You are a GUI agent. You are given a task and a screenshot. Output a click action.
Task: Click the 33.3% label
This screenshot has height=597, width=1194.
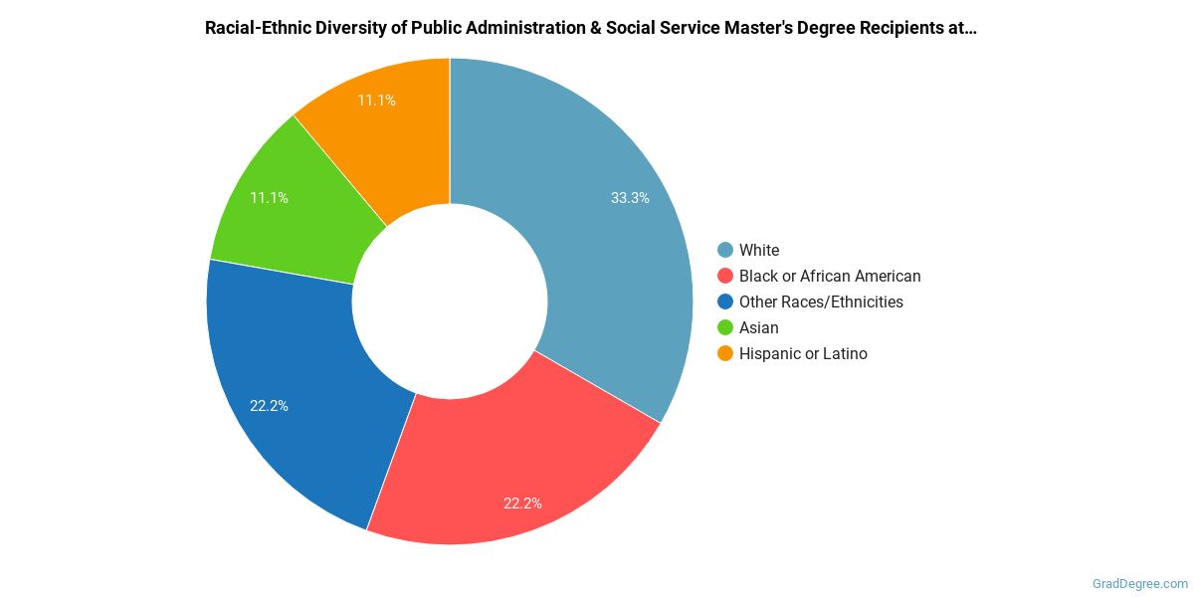pos(630,198)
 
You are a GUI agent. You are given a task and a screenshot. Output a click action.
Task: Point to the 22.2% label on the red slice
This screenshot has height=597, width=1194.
pos(522,503)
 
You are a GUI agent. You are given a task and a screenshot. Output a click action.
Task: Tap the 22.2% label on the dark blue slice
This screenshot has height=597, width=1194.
pos(269,406)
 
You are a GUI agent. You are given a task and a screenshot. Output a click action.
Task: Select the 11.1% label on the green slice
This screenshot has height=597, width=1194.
pos(269,198)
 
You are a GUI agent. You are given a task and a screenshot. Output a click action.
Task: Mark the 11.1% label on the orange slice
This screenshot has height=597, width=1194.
pos(376,100)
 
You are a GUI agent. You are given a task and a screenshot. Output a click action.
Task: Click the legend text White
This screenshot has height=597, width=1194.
pos(759,251)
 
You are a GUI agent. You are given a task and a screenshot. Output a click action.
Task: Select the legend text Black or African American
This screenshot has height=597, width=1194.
pos(830,277)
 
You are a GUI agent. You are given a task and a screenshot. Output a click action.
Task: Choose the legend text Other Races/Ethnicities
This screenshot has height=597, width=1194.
pos(821,302)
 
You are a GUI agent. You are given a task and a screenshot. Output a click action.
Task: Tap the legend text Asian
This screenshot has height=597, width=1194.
pos(759,328)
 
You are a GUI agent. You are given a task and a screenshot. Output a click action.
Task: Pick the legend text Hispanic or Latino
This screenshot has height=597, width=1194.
pos(803,354)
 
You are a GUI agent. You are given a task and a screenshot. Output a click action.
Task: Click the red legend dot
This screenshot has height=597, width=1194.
pos(725,277)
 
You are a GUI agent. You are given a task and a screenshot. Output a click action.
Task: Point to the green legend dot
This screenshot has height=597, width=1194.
pos(725,328)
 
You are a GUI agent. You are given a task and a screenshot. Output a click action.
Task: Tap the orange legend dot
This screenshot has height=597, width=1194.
pos(725,354)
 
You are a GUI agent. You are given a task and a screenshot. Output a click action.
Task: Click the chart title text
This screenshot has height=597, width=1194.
pos(590,28)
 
